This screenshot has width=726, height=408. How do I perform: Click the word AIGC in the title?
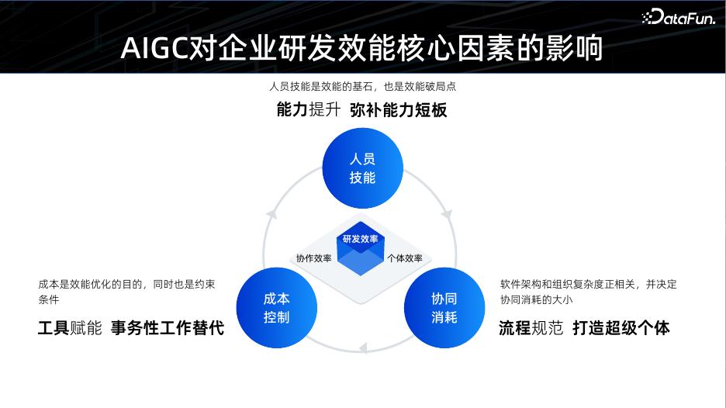(x=154, y=49)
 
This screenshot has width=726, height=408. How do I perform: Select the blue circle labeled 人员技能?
(x=362, y=168)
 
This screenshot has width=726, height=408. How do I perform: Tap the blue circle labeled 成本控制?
(x=277, y=308)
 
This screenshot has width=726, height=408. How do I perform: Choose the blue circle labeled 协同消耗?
(x=444, y=308)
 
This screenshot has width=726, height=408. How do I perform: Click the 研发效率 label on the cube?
(x=361, y=239)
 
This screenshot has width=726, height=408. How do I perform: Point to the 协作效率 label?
(x=313, y=258)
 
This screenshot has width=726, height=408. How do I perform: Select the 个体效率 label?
(x=404, y=258)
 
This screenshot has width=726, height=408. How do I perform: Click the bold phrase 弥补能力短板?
(x=398, y=110)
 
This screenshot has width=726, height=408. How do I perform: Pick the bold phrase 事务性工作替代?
(x=167, y=327)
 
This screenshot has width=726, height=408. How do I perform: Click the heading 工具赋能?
(x=70, y=327)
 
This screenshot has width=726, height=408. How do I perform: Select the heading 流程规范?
(x=531, y=327)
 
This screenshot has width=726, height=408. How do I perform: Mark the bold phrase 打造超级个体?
(x=621, y=327)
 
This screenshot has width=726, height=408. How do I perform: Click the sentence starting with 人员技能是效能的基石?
(x=362, y=87)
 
